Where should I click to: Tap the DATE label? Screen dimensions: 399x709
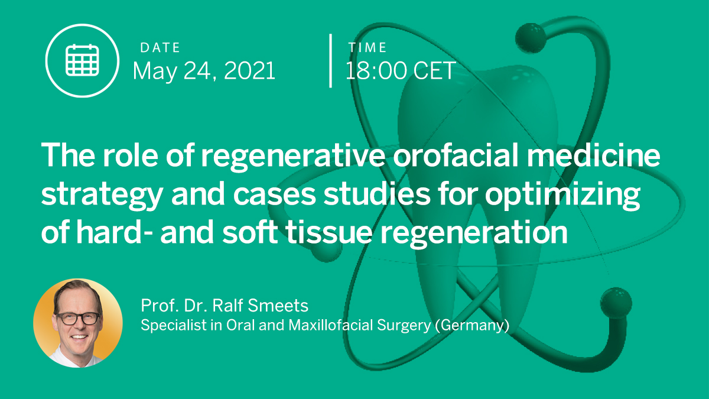tap(160, 48)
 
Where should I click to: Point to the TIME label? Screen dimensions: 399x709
tap(367, 48)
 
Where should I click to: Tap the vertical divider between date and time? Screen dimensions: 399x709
tap(330, 61)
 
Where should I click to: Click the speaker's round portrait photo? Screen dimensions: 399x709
tap(78, 323)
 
